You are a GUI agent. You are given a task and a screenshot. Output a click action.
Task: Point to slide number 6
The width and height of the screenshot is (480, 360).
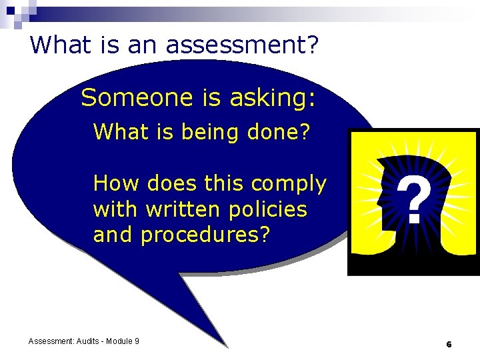449,344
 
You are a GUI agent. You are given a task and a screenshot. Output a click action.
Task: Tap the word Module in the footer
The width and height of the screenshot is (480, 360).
121,341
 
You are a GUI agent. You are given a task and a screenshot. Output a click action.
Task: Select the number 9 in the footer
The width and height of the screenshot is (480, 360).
137,341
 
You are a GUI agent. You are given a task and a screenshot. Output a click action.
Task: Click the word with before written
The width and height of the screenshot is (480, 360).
115,209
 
